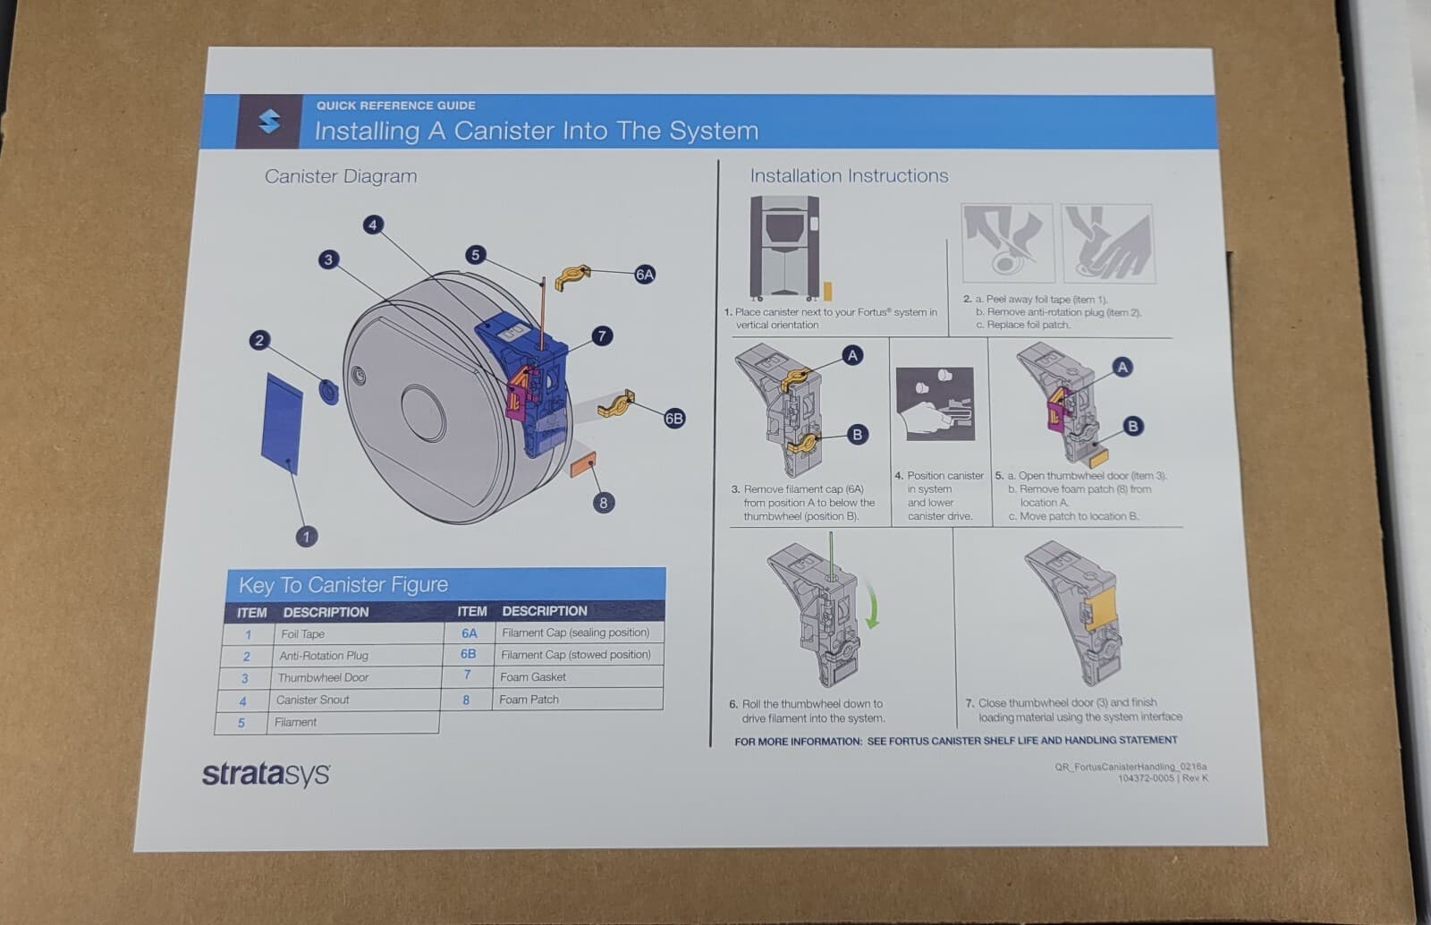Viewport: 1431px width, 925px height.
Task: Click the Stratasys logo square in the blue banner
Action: (268, 122)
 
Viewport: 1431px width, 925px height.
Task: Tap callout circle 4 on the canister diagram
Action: (373, 225)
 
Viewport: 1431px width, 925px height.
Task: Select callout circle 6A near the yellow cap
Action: (644, 275)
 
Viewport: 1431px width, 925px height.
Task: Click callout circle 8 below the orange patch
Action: (603, 503)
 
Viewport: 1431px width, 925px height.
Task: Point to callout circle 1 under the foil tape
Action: (306, 537)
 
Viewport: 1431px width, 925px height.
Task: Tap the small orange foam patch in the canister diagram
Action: (584, 465)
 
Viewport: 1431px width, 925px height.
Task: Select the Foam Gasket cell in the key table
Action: (533, 677)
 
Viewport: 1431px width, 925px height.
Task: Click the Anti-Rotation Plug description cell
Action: (324, 656)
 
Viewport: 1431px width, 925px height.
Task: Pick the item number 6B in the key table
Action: (468, 655)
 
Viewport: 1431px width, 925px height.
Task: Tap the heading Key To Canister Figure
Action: (343, 585)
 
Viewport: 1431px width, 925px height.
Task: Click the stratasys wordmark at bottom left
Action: (266, 774)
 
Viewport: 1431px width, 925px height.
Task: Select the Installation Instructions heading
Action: (849, 176)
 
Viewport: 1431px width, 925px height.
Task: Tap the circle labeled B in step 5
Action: (1132, 426)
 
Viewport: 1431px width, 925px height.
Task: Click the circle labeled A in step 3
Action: (852, 355)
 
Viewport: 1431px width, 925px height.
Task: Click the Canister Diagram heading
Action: (341, 176)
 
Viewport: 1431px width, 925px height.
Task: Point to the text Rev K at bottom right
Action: (1195, 778)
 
